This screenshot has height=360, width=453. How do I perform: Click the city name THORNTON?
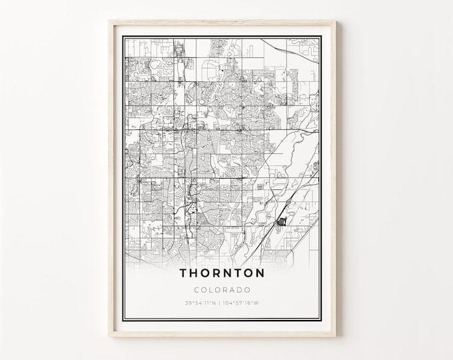coord(223,273)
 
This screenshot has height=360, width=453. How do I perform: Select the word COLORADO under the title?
coord(223,290)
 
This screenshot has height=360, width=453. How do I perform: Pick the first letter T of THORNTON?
coord(184,273)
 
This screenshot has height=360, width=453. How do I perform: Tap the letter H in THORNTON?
coord(195,273)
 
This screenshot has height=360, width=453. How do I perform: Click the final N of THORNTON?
coord(260,273)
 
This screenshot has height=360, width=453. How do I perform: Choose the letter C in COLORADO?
coord(197,290)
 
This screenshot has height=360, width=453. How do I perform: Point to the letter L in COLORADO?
coord(212,290)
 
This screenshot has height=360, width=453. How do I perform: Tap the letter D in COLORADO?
coord(240,290)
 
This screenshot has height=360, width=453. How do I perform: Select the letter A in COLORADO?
coord(233,290)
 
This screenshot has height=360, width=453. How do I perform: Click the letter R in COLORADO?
coord(226,290)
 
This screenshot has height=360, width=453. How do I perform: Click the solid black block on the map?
coord(280,223)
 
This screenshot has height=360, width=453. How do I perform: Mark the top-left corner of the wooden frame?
coord(110,21)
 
